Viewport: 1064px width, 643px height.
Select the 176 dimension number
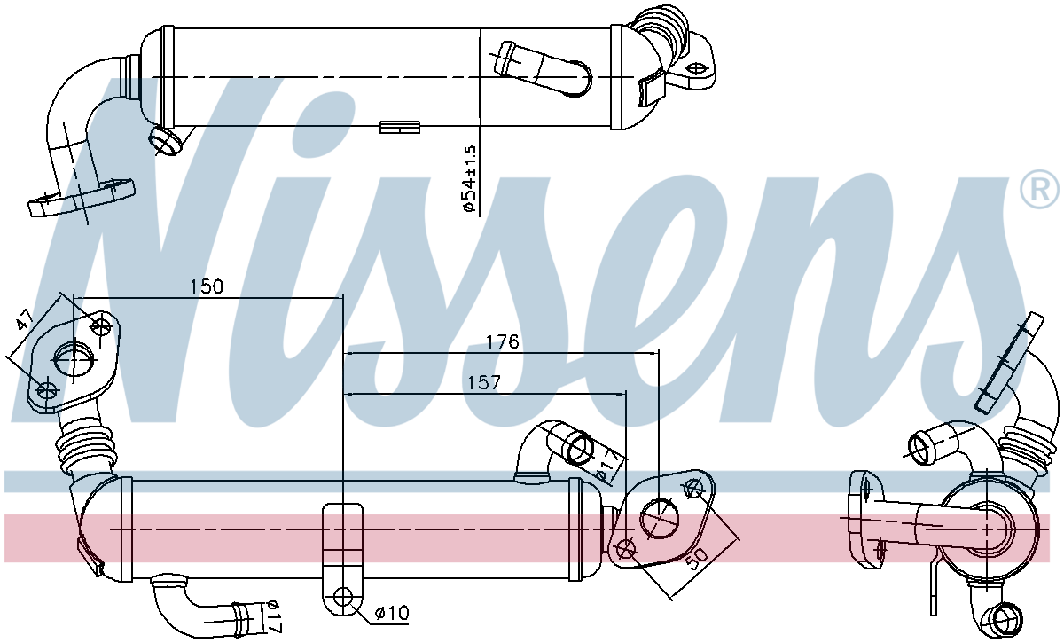(502, 341)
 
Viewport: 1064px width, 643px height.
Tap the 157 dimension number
(484, 382)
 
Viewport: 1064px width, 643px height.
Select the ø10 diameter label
(391, 613)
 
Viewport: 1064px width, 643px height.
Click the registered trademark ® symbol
(1038, 188)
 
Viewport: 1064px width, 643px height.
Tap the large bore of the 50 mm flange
(658, 517)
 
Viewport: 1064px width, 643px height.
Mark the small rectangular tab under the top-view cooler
(399, 127)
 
